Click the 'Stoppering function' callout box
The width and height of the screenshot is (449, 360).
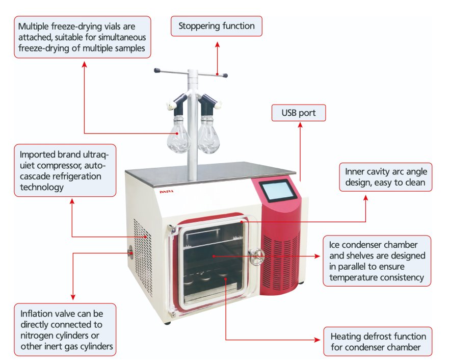tap(217, 25)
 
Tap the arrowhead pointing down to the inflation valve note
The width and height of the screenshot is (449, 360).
tap(74, 297)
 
